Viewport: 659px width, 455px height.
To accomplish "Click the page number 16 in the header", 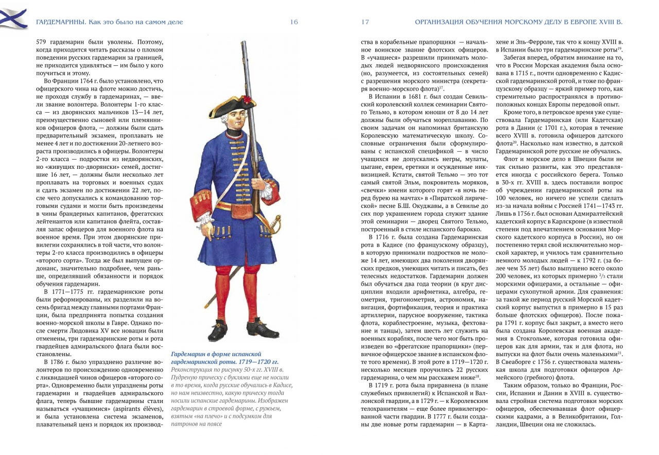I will (x=294, y=22).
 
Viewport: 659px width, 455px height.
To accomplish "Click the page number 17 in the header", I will (x=365, y=22).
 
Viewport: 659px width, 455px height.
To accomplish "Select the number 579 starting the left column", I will (x=42, y=43).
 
